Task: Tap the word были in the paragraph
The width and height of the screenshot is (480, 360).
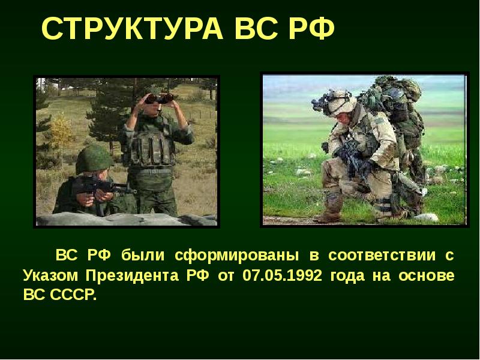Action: pos(142,256)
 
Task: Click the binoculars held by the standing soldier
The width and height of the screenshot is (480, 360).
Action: pos(159,97)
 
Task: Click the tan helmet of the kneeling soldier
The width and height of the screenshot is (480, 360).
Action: pos(340,98)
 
